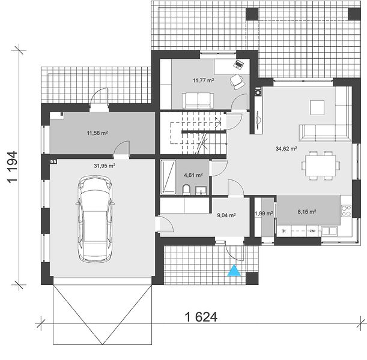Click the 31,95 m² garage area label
tap(105, 166)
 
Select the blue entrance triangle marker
tap(234, 271)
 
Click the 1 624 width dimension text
tap(201, 317)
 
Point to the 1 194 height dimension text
tap(12, 167)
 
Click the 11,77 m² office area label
tap(204, 80)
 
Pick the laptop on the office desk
tap(238, 64)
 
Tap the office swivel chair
tap(237, 82)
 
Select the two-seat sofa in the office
tap(198, 101)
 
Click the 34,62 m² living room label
tap(287, 148)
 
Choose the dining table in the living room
tap(321, 166)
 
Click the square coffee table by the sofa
tap(317, 107)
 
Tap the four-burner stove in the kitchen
tap(346, 211)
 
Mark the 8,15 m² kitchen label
tap(307, 212)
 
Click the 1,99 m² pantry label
tap(264, 214)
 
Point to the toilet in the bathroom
tap(186, 190)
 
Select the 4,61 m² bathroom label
tap(193, 175)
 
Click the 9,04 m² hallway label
tap(226, 215)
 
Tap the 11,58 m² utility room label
tap(97, 133)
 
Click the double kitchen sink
tap(329, 231)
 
